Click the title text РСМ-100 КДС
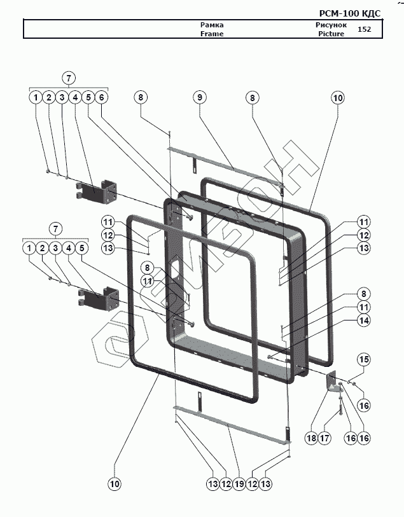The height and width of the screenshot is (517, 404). pos(349,13)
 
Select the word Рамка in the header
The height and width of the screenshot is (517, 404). pos(212,25)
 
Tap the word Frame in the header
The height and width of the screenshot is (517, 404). pos(212,34)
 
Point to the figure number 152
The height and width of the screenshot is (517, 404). pos(365,29)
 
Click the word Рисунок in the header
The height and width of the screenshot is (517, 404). pos(331,25)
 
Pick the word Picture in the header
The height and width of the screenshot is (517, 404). pos(331,34)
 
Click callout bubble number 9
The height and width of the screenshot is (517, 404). pos(200,97)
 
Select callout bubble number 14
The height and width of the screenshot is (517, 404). pos(363,322)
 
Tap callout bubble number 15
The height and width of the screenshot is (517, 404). pos(363,360)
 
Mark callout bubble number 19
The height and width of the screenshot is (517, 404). pos(239,484)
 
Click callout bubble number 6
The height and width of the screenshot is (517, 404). pos(102,97)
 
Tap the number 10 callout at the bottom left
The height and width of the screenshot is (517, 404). pos(114,484)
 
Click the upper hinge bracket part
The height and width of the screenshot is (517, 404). pos(99,191)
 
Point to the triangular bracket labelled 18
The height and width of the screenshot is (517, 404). pos(332,382)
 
